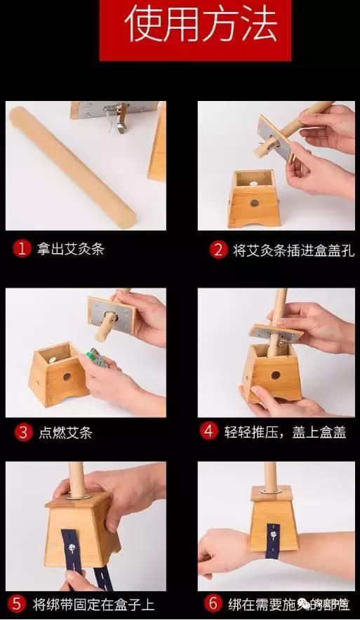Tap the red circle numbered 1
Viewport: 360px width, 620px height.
coord(22,248)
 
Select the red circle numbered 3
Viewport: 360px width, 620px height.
coord(22,432)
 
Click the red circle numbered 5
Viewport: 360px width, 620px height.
coord(18,603)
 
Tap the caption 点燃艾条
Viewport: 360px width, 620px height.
coord(65,432)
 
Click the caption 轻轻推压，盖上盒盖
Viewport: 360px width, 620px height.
coord(285,431)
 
